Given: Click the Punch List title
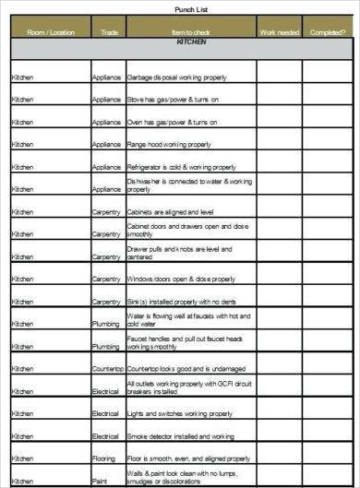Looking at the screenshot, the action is pos(190,8).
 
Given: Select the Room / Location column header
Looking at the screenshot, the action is pos(50,31).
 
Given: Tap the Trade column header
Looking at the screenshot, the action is pos(107,31).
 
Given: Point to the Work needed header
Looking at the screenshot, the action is pos(279,31).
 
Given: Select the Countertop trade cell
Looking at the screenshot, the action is pos(107,368).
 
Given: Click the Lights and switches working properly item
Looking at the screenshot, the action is pos(176,413).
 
